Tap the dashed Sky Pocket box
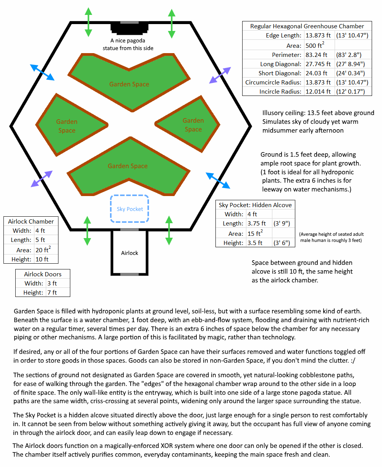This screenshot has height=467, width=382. [129, 209]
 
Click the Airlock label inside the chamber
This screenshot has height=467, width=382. [129, 253]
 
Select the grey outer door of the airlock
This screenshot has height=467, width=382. [129, 274]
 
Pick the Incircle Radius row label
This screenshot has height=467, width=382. [280, 91]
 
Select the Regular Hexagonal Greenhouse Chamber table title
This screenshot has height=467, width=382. [307, 26]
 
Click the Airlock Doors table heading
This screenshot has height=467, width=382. [42, 274]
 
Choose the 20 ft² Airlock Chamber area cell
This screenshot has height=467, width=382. [43, 250]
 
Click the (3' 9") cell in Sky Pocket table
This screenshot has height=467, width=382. [280, 224]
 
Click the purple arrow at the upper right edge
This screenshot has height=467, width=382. [220, 75]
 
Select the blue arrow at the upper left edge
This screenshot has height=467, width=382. [42, 72]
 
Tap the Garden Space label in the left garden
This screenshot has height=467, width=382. [67, 126]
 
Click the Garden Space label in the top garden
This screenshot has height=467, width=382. [129, 84]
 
